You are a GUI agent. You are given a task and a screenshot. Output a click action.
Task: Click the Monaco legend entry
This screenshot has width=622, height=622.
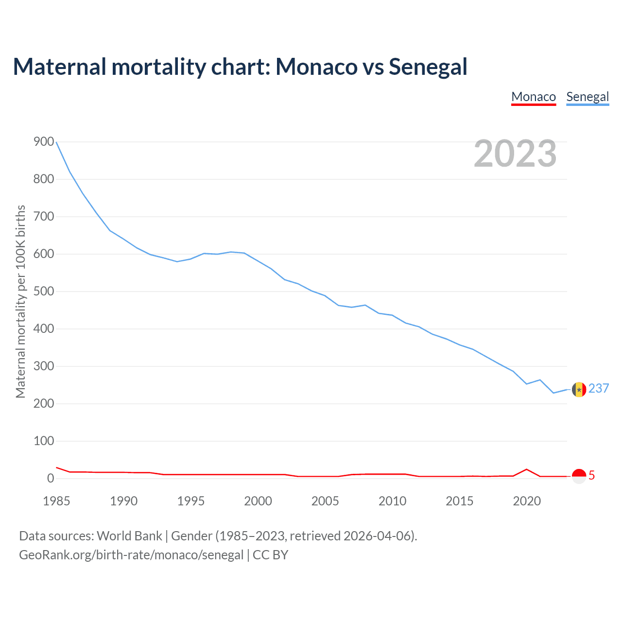(533, 97)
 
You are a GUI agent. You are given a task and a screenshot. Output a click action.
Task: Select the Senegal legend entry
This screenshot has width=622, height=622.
(587, 97)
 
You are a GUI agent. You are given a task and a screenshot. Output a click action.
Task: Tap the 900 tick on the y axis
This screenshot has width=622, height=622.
(44, 142)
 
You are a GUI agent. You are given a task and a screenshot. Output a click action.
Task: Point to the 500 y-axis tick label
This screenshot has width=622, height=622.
(44, 292)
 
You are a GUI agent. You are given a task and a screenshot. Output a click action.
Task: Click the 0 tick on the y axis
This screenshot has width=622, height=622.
(51, 479)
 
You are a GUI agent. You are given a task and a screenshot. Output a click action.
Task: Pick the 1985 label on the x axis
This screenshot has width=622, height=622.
(56, 501)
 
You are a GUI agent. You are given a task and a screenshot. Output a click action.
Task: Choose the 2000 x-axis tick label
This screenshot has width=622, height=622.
(258, 501)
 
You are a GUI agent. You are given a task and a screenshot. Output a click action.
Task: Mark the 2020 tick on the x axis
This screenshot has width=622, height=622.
(527, 501)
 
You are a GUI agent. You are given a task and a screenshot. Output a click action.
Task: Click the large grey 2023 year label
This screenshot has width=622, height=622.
(515, 154)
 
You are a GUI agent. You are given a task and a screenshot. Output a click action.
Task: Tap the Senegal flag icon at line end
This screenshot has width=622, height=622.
(579, 389)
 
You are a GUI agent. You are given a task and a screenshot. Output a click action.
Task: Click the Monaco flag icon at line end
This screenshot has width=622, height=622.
(579, 476)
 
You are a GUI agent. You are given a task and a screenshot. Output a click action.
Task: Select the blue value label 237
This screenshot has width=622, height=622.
(599, 389)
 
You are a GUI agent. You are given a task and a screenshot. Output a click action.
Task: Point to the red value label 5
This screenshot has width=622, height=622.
(592, 476)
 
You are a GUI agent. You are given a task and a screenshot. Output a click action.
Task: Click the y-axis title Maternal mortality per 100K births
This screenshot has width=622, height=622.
(20, 301)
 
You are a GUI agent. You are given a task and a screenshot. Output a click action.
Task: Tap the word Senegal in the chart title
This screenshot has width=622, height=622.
(428, 67)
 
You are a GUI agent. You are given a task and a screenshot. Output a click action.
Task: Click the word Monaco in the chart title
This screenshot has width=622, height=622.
(316, 67)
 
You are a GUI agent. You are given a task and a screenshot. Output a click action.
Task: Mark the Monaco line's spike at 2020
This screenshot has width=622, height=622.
(527, 469)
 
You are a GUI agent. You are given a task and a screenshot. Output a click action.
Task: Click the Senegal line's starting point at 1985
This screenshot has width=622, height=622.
(57, 142)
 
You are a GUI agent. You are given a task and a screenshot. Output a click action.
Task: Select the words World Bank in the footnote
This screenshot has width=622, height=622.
(129, 536)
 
